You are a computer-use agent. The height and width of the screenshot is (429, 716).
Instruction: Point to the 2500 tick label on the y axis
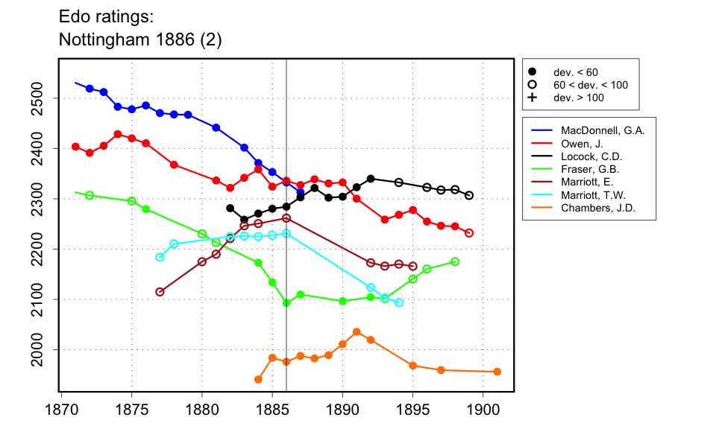coord(43,98)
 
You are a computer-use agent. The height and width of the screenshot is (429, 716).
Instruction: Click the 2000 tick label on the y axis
coord(43,349)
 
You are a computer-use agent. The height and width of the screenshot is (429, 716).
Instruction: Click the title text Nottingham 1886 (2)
coord(140,39)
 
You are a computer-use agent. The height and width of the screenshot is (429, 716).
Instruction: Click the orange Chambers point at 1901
coord(497,372)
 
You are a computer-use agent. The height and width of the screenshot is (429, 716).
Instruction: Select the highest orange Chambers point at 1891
coord(357,331)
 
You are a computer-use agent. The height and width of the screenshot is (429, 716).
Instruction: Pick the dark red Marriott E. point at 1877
coord(160,292)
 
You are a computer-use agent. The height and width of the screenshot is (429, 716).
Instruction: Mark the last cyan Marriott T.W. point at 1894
coord(399,302)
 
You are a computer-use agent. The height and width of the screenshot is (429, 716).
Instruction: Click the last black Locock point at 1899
coord(469,196)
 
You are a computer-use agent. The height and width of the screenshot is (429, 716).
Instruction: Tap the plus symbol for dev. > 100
coord(532,98)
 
